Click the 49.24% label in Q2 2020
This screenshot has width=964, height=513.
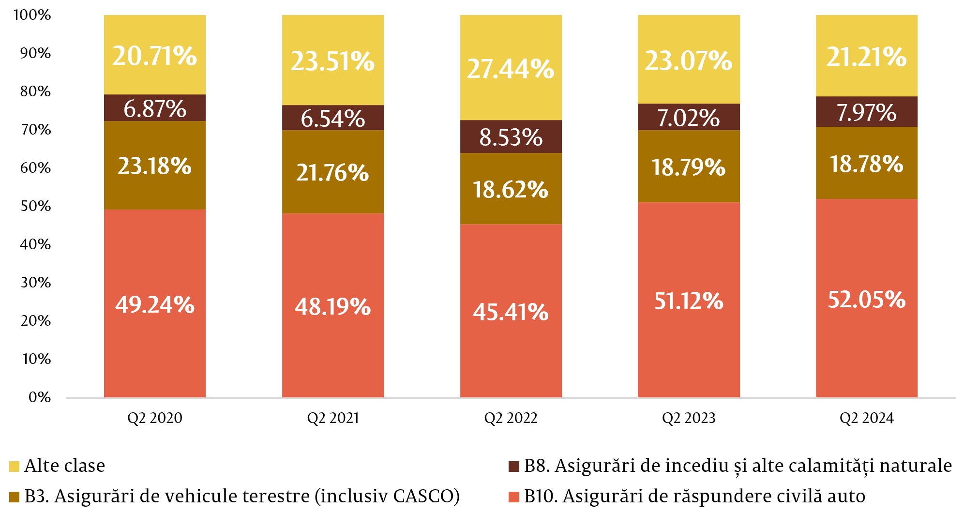(x=155, y=305)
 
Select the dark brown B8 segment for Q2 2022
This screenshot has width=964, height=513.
(x=511, y=137)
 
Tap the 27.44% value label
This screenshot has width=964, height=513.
(x=511, y=69)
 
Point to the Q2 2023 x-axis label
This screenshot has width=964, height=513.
(x=689, y=418)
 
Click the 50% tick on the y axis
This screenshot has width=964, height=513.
(x=36, y=206)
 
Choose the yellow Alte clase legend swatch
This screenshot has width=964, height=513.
(x=15, y=467)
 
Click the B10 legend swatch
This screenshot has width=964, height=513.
(x=514, y=497)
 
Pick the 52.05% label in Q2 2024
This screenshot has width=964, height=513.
(x=866, y=299)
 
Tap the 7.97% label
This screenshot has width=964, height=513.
(x=866, y=112)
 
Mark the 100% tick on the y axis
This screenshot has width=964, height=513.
(x=32, y=15)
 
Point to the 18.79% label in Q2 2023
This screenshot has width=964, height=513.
(x=689, y=167)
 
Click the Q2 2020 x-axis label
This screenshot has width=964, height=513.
(x=155, y=418)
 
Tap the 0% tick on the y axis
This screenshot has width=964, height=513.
(x=40, y=397)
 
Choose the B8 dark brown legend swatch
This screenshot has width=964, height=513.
(x=514, y=467)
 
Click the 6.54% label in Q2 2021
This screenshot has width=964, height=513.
(x=333, y=119)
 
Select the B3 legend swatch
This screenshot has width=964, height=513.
(x=15, y=497)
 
